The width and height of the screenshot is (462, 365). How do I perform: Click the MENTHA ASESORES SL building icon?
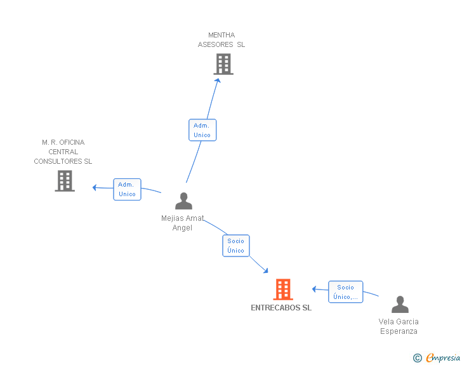click(223, 64)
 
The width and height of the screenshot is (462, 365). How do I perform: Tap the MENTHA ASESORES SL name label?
click(221, 40)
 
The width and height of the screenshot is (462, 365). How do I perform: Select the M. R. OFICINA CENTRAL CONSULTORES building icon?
click(65, 181)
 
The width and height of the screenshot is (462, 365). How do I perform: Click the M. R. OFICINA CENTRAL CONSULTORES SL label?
click(63, 152)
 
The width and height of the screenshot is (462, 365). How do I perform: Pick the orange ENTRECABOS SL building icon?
click(283, 289)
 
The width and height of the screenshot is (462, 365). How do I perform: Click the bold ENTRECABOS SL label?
click(281, 308)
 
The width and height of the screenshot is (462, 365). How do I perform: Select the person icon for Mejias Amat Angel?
click(183, 201)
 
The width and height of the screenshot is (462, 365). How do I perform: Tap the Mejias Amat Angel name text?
click(182, 223)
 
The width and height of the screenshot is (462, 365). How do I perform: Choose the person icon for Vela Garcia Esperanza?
click(400, 304)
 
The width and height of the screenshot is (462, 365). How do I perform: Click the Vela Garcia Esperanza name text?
click(399, 326)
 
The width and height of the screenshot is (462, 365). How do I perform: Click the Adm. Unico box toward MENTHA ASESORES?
click(202, 130)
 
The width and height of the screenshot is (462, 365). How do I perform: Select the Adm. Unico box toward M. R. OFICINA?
click(128, 189)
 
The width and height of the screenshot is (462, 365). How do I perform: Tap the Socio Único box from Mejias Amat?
click(236, 246)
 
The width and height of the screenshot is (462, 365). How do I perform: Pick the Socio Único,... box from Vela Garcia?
click(346, 292)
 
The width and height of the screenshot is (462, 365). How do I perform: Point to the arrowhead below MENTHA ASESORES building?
click(218, 80)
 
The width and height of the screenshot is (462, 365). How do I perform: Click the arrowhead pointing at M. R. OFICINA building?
click(95, 187)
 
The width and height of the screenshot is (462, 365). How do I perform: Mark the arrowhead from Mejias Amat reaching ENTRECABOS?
click(266, 270)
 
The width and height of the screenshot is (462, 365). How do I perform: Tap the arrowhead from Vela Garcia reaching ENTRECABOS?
click(314, 289)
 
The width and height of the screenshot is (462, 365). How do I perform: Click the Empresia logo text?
click(443, 357)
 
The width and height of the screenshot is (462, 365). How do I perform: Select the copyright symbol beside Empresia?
click(418, 358)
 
